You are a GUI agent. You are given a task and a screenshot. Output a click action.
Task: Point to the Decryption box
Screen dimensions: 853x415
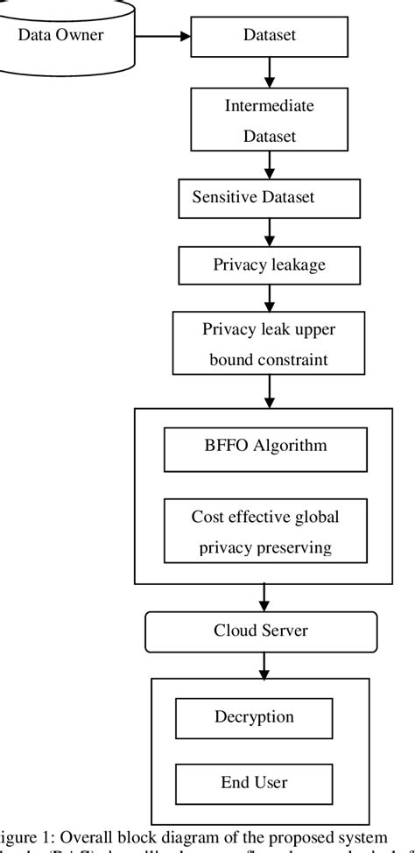254,718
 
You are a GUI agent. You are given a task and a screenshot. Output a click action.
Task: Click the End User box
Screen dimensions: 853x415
254,780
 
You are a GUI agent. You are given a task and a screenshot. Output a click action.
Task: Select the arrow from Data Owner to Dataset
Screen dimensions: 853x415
161,37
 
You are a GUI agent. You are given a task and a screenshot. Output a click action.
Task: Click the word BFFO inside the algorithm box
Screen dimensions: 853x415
223,446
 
